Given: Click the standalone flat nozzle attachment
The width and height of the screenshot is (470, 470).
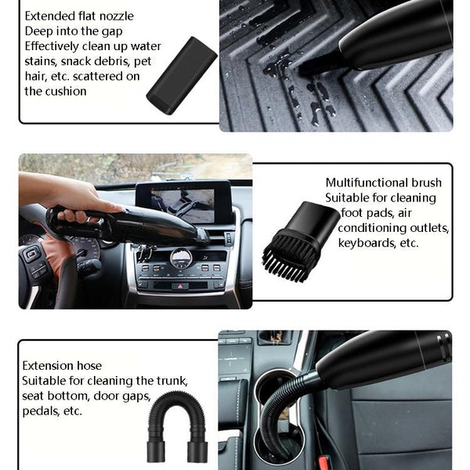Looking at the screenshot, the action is pyautogui.click(x=182, y=75).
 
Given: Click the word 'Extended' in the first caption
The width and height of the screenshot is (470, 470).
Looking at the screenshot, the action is pyautogui.click(x=45, y=16).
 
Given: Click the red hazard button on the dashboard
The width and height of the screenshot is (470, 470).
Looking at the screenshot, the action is pyautogui.click(x=180, y=286).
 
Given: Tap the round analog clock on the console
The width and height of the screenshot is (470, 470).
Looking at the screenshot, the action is pyautogui.click(x=181, y=258).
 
